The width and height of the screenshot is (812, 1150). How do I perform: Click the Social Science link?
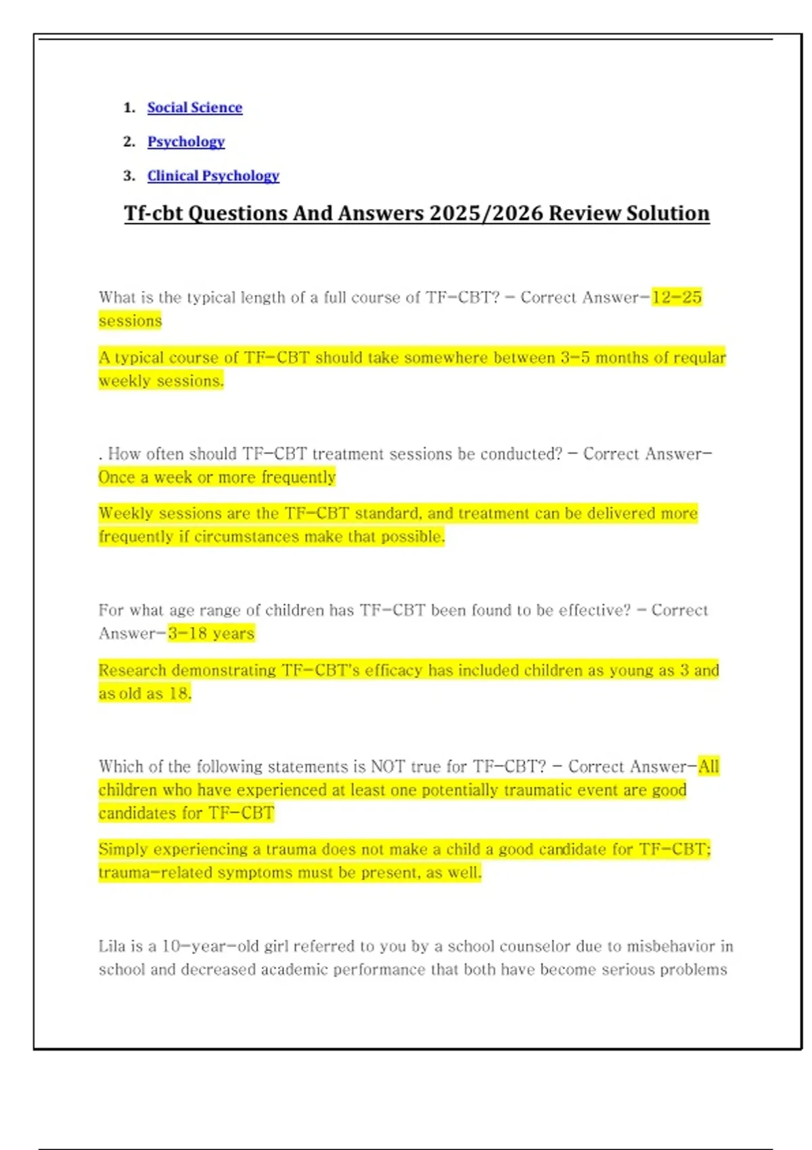pyautogui.click(x=194, y=108)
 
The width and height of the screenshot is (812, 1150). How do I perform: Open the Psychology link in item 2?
pyautogui.click(x=186, y=141)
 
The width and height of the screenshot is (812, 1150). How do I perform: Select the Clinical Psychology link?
pyautogui.click(x=213, y=176)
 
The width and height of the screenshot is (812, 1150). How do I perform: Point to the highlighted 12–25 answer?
pyautogui.click(x=677, y=297)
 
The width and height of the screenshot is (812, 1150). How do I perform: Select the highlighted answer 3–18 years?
pyautogui.click(x=211, y=633)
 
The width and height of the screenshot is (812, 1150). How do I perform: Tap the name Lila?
pyautogui.click(x=112, y=946)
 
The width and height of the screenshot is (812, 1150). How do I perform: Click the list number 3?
pyautogui.click(x=129, y=176)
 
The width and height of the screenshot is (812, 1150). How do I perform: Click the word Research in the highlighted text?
pyautogui.click(x=133, y=670)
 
